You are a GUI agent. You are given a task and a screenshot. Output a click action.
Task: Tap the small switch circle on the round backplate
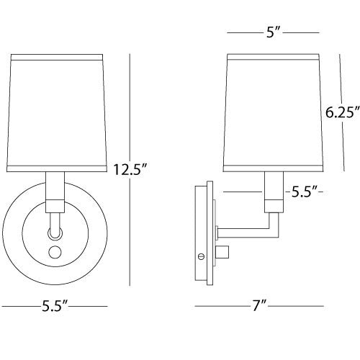[55, 253]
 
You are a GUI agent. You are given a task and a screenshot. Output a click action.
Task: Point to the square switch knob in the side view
[225, 253]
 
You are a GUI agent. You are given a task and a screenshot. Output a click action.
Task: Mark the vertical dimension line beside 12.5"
[130, 108]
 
